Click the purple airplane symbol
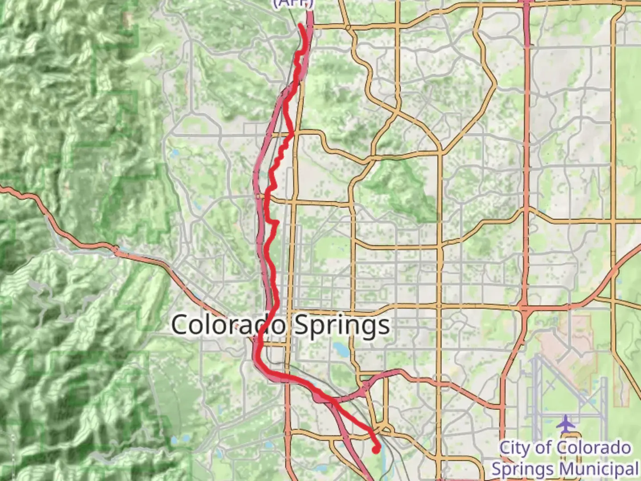tap(566, 424)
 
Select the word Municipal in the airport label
tap(599, 469)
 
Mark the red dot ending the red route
tap(376, 450)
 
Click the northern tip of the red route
tap(301, 25)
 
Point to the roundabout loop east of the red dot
tap(384, 429)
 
